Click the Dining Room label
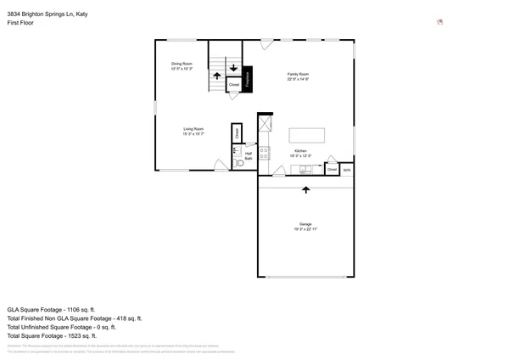(x=182, y=65)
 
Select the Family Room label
(x=297, y=76)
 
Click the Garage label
(x=305, y=227)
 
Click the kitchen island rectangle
(x=306, y=136)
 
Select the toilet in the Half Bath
(x=238, y=164)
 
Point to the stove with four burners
(x=264, y=154)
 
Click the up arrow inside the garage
(x=305, y=190)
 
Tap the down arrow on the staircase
(x=233, y=67)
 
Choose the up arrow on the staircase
(x=217, y=76)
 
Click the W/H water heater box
(x=346, y=169)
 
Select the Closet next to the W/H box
(x=332, y=169)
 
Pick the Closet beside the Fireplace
(x=233, y=85)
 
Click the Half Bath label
(x=249, y=156)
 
